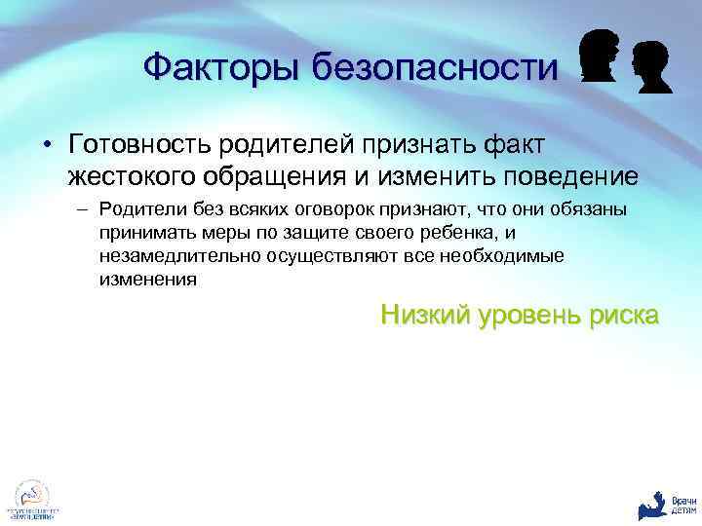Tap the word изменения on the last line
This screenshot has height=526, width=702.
coord(146,280)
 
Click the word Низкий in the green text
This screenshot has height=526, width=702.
coord(425,315)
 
